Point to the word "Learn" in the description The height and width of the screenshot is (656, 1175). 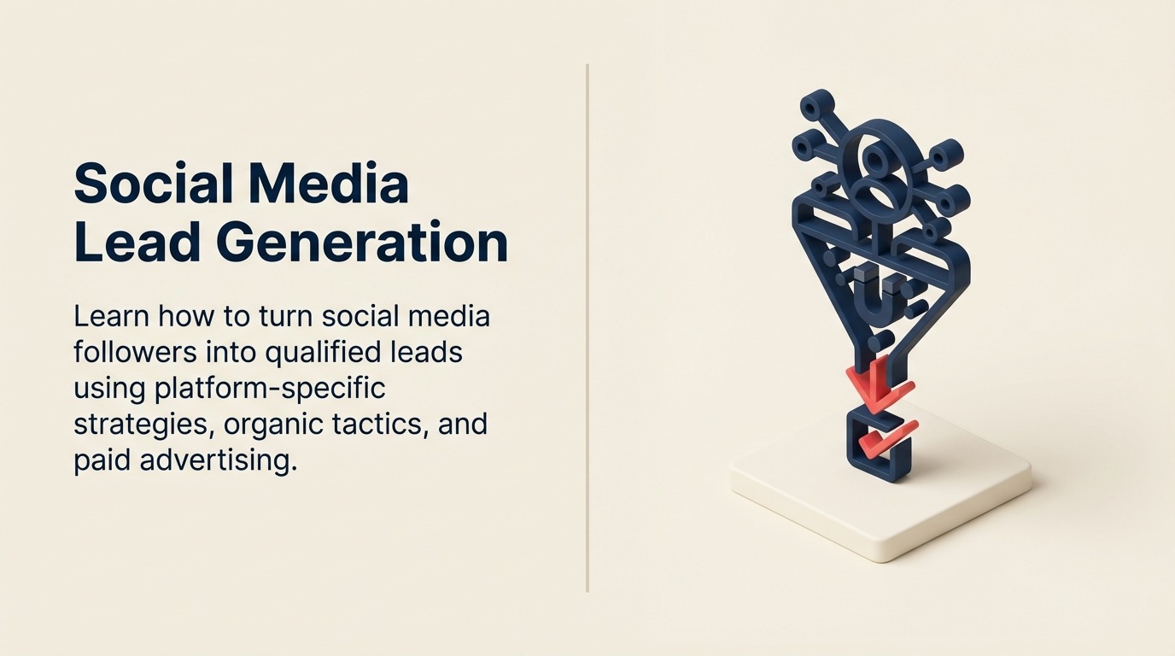[x=108, y=316]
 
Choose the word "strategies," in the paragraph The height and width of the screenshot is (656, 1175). [x=143, y=425]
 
